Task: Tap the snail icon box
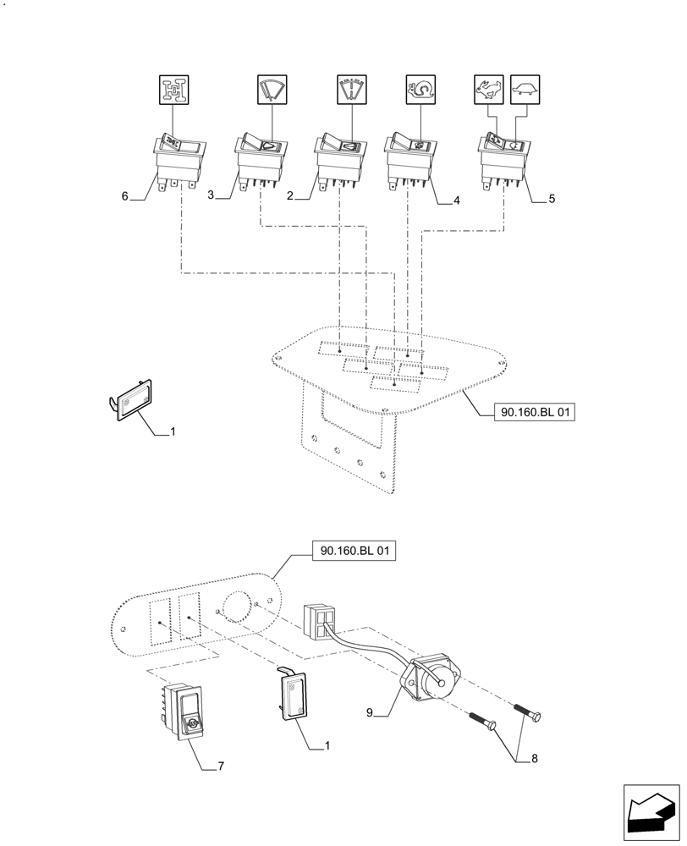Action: pyautogui.click(x=420, y=88)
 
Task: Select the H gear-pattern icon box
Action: pyautogui.click(x=176, y=88)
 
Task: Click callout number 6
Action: pyautogui.click(x=125, y=196)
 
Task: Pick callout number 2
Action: pyautogui.click(x=289, y=196)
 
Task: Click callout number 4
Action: pyautogui.click(x=456, y=201)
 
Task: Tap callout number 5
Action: pyautogui.click(x=552, y=200)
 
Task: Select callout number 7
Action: pyautogui.click(x=221, y=766)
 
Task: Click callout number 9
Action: pyautogui.click(x=370, y=713)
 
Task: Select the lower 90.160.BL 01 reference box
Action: pyautogui.click(x=354, y=552)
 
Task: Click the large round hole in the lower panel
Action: pyautogui.click(x=237, y=607)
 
